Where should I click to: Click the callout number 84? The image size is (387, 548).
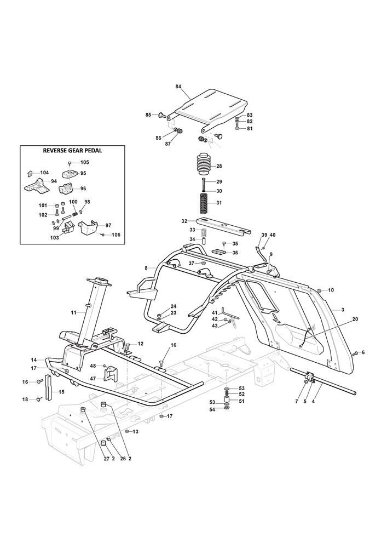178,87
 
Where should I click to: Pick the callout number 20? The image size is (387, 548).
340,319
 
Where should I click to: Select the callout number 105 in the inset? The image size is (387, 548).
84,162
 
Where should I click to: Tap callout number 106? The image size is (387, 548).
115,235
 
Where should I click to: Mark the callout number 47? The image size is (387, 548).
93,379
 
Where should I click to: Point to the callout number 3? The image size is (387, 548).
343,310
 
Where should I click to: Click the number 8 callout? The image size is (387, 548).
146,268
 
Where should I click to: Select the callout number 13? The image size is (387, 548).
136,432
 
